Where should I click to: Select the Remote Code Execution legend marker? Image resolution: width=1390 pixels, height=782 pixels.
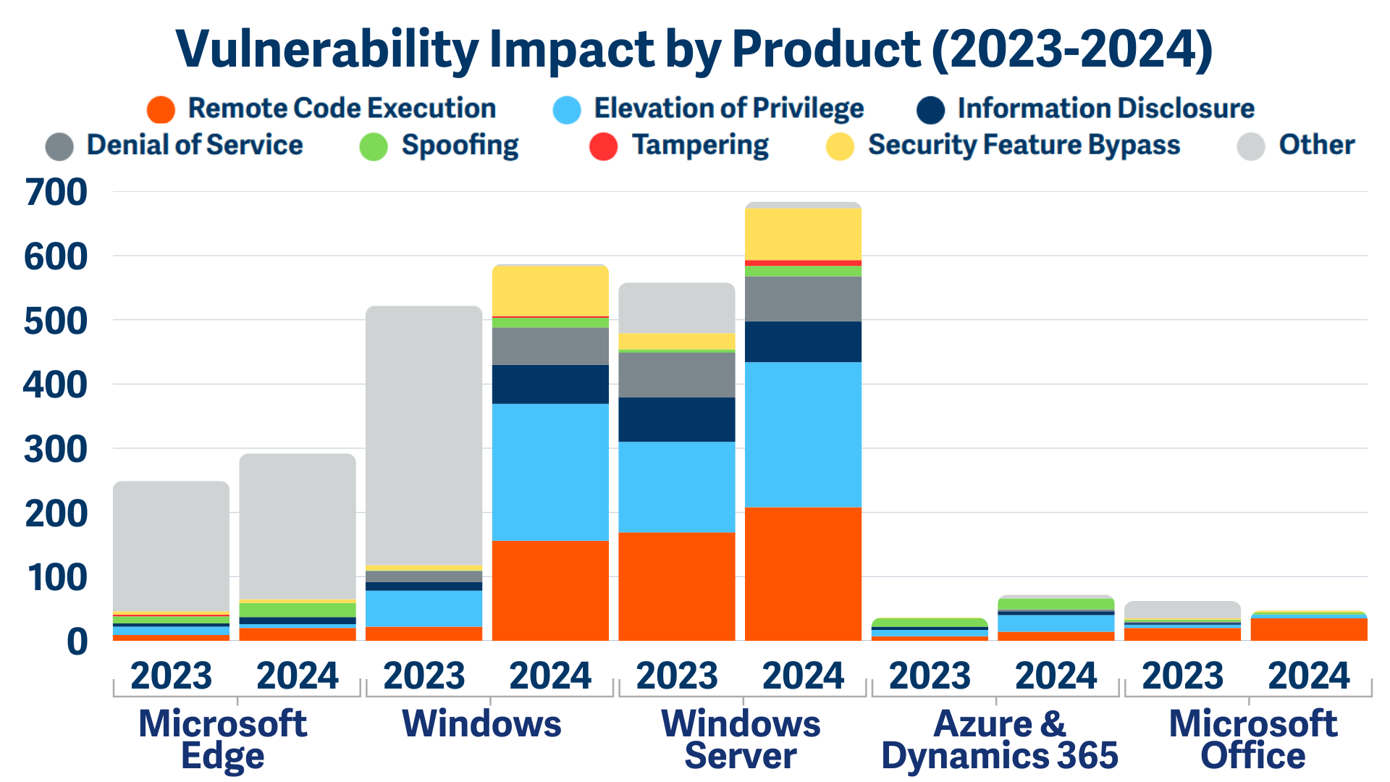pos(161,110)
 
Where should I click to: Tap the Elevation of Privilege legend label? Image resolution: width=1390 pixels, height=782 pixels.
pos(728,109)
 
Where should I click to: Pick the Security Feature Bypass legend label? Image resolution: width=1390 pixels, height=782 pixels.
pos(1024,145)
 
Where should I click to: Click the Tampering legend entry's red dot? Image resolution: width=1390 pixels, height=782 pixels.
pos(603,146)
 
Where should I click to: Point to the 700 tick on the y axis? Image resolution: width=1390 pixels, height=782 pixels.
pos(56,193)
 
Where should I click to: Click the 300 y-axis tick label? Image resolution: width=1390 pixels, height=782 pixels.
pos(56,450)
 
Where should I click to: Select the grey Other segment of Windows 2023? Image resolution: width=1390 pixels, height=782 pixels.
pos(424,434)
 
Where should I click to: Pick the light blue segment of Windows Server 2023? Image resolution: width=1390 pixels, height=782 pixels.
pos(676,487)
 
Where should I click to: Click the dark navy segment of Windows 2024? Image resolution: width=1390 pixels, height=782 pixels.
pos(550,384)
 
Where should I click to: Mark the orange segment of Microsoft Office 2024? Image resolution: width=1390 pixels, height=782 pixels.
pos(1308,629)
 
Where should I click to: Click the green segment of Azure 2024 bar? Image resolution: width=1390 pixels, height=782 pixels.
pos(1056,604)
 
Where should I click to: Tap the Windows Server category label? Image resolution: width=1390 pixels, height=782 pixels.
pos(741,739)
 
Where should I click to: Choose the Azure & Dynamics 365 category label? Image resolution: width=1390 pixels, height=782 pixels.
pos(999,739)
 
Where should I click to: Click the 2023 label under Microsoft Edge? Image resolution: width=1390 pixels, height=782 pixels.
pos(171,676)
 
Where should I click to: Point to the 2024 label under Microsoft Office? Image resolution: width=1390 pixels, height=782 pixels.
pos(1308,676)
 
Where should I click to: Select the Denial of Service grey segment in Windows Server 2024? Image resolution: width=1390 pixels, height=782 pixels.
pos(803,298)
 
